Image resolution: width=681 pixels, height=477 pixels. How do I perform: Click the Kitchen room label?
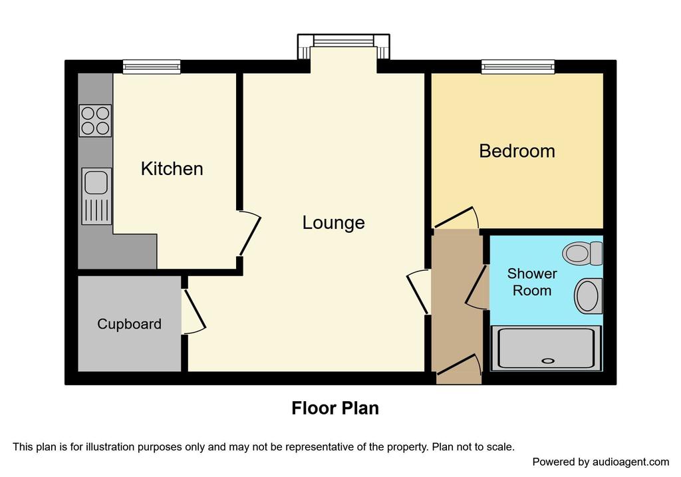172,168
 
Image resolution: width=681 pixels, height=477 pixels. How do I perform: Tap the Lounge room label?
333,222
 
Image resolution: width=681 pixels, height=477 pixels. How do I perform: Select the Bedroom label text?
517,151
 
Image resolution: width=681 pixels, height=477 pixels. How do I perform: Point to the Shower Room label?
532,282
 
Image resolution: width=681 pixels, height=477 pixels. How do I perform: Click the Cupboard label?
129,324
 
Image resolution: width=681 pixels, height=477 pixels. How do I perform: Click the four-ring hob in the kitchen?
95,120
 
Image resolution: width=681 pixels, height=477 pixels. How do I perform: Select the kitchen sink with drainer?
96,196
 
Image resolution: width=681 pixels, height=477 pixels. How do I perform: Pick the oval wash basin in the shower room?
588,296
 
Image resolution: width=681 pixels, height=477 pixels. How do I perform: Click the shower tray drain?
548,361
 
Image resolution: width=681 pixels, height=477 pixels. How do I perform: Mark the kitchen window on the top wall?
152,66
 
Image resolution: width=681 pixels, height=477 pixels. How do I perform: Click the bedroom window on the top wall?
517,66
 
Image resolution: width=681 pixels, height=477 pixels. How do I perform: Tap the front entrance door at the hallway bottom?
460,367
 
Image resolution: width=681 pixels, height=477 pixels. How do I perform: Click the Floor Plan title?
335,408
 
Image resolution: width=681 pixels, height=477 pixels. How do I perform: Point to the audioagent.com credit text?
601,462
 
